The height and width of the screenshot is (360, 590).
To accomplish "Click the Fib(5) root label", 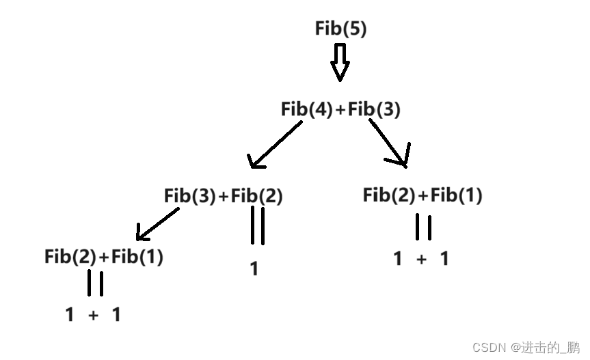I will (340, 29).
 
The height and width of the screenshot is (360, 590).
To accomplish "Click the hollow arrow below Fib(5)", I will (340, 62).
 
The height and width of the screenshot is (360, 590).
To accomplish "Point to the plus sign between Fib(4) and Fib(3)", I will (340, 109).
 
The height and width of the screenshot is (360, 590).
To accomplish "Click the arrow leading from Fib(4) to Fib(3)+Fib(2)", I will (276, 144).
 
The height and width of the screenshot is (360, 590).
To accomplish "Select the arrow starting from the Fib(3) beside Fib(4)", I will (390, 142).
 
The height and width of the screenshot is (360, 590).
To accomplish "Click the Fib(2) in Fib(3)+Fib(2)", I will (257, 195).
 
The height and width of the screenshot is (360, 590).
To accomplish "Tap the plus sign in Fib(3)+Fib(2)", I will (224, 196).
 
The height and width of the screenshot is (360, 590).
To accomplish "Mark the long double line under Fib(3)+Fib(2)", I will (257, 225).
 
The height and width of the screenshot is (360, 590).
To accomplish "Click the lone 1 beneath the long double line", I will (254, 269).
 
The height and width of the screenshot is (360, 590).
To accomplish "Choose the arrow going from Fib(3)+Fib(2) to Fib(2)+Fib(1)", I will (157, 224).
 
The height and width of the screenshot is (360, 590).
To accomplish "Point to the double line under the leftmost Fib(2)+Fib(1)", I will (95, 283).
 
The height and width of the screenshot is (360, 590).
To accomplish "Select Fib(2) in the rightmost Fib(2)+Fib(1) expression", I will (389, 195).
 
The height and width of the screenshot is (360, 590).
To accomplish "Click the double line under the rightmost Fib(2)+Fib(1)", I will (423, 227).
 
